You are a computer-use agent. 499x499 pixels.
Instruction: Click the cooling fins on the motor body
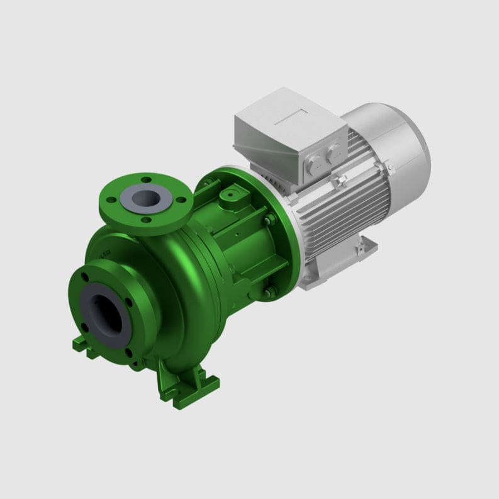pyautogui.click(x=352, y=201)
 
